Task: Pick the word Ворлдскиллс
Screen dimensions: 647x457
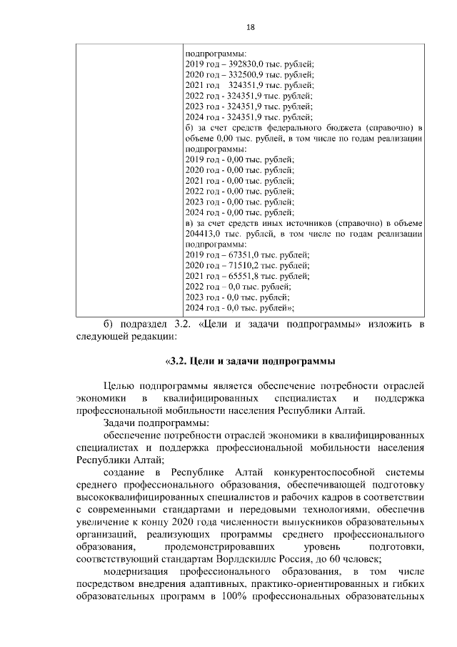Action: [252, 558]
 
